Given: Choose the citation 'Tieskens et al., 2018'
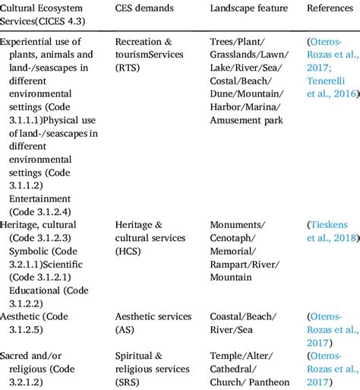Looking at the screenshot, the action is [x=332, y=231].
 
